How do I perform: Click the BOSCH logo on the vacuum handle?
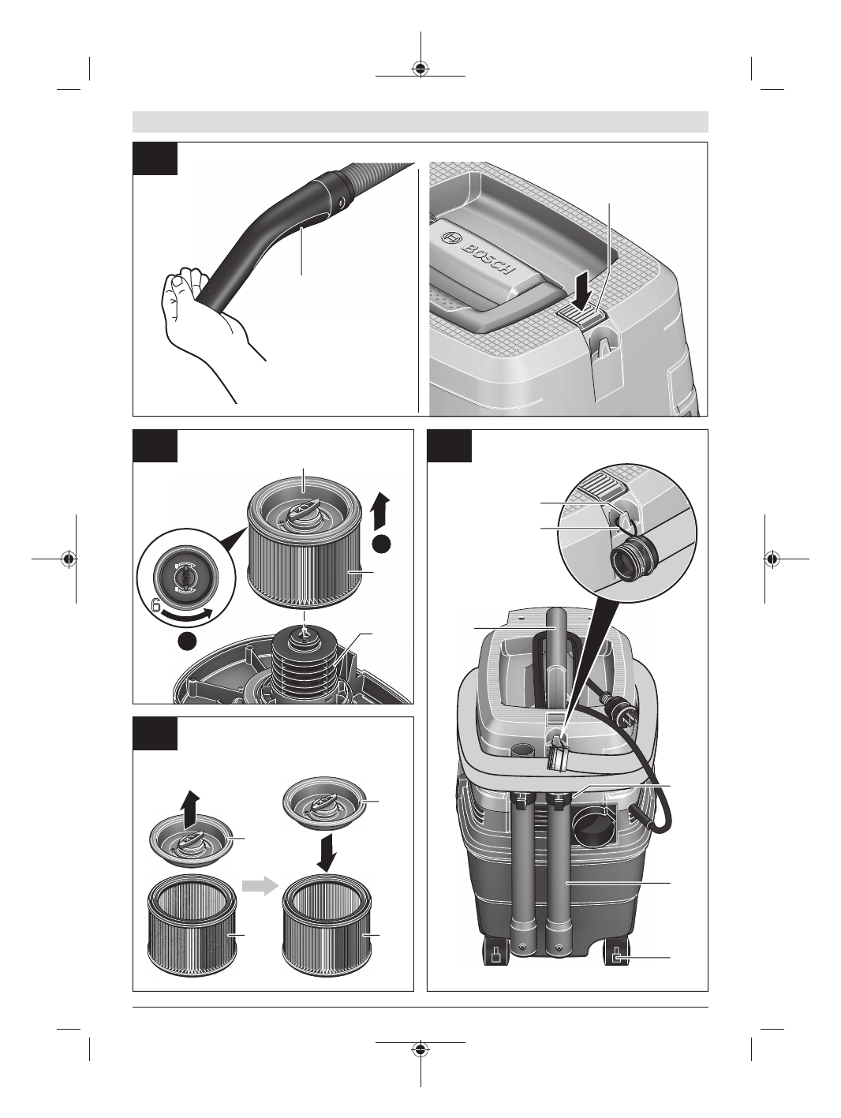click(476, 252)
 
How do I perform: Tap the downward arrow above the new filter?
click(327, 852)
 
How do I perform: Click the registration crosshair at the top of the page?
click(420, 69)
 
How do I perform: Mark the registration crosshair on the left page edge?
click(69, 559)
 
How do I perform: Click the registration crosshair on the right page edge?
click(772, 559)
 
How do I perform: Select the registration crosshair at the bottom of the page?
click(420, 1049)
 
